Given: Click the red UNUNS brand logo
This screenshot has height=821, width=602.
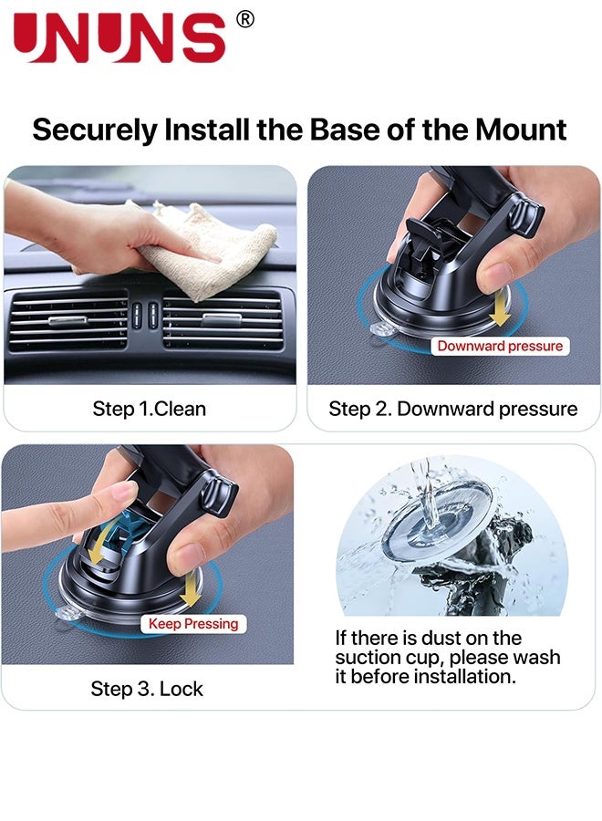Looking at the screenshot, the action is pyautogui.click(x=119, y=36).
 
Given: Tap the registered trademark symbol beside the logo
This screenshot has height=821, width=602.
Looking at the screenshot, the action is pyautogui.click(x=245, y=19).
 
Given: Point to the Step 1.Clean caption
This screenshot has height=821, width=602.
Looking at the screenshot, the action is pyautogui.click(x=150, y=409).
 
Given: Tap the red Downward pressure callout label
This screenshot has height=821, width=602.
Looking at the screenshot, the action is pyautogui.click(x=500, y=346).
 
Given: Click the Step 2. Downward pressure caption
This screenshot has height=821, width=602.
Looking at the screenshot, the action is pyautogui.click(x=452, y=409).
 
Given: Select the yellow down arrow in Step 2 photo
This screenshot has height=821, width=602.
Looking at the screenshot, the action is pyautogui.click(x=501, y=308).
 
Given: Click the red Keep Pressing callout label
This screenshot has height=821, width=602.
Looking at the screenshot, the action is pyautogui.click(x=193, y=624).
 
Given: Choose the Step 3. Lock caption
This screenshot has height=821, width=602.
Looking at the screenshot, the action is pyautogui.click(x=147, y=689).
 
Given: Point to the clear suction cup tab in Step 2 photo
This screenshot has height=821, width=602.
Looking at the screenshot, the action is pyautogui.click(x=381, y=329).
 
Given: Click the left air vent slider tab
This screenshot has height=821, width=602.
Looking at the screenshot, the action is pyautogui.click(x=68, y=320).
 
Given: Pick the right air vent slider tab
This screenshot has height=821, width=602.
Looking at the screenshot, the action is pyautogui.click(x=222, y=319).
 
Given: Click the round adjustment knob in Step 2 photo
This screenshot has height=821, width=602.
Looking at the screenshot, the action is pyautogui.click(x=526, y=215).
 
